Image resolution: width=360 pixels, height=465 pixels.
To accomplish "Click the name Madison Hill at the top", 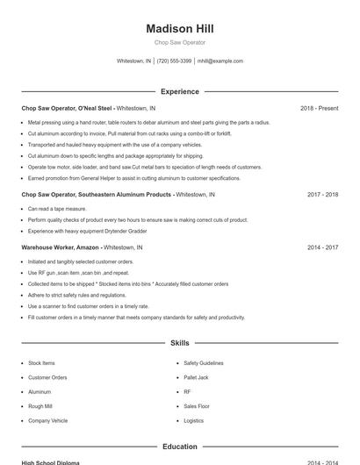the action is click(x=179, y=28).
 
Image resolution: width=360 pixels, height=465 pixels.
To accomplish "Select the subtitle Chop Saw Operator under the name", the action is click(x=179, y=42).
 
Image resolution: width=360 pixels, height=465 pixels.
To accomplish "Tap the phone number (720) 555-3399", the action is click(x=175, y=61).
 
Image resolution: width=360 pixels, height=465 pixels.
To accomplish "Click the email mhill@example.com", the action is click(x=220, y=61).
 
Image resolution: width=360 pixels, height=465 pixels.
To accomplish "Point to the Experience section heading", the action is click(x=179, y=91).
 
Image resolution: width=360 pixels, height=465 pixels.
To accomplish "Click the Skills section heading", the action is click(x=179, y=343).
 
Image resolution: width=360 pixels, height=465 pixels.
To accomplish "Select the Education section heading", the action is click(x=179, y=447).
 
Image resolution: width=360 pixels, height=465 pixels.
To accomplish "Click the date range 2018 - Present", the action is click(x=319, y=108).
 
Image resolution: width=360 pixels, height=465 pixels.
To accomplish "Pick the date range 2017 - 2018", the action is click(x=322, y=194).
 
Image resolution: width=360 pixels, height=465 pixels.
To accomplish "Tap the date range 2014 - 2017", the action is click(x=322, y=247).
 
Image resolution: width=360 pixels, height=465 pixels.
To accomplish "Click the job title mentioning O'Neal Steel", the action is click(x=68, y=108).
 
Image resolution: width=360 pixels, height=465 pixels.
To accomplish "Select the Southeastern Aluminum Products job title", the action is click(x=97, y=194).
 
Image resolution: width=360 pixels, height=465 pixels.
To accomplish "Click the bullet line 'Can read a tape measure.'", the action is click(x=57, y=209).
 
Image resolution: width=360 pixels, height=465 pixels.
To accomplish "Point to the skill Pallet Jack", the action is click(x=196, y=377).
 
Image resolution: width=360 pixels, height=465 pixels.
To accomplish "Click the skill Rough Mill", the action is click(x=40, y=406).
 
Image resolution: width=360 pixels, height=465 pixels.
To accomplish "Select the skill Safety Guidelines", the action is click(x=203, y=362).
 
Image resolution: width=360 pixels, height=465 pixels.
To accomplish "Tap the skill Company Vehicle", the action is click(x=47, y=420).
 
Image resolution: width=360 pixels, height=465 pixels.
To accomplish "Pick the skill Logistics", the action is click(x=193, y=420).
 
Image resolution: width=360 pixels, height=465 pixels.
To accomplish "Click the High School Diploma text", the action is click(x=51, y=462).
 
